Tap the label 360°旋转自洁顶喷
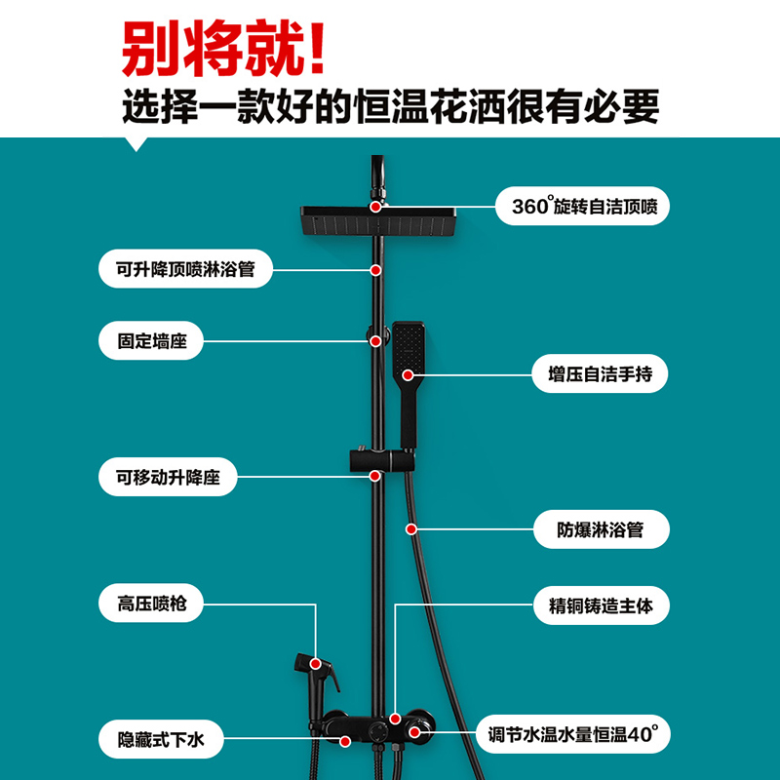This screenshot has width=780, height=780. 582,207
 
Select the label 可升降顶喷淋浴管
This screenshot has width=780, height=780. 184,268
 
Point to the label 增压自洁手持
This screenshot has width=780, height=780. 593,373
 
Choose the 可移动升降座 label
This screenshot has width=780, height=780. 168,476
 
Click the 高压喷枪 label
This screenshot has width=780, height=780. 151,604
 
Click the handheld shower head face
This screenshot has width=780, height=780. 409,345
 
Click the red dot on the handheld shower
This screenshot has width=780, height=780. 409,373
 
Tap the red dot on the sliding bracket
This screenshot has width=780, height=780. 376,476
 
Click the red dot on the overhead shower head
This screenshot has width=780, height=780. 376,207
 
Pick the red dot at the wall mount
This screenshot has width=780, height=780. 376,341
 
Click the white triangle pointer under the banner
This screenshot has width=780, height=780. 137,143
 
